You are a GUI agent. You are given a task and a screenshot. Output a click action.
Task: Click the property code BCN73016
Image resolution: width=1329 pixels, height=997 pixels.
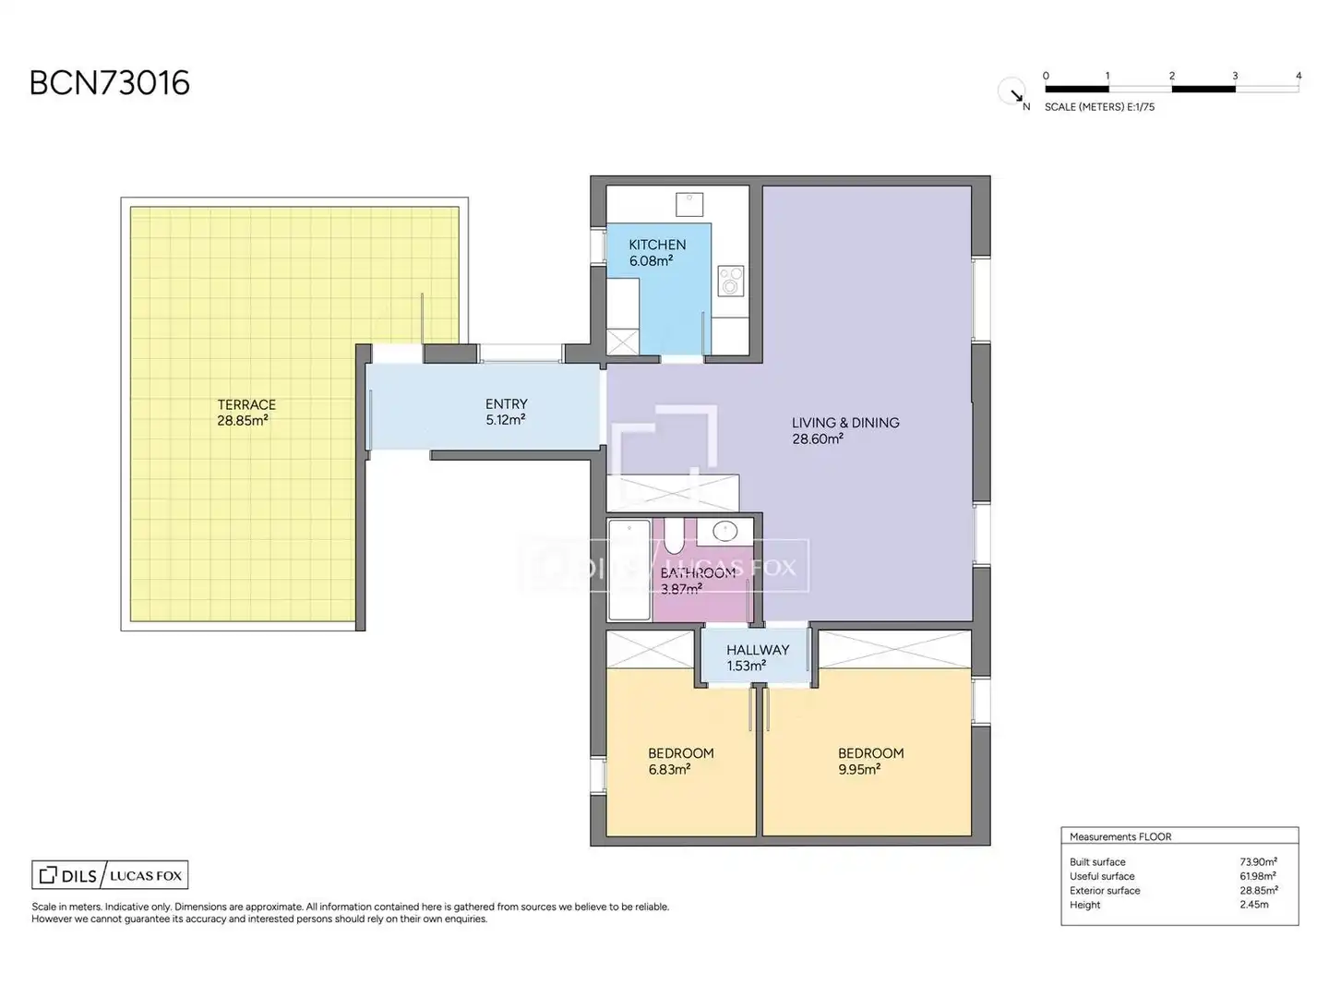click(110, 83)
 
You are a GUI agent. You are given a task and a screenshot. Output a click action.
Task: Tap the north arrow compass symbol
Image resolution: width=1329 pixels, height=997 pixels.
click(1012, 92)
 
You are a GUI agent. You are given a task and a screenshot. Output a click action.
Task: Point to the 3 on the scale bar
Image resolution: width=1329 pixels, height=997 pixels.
click(1235, 76)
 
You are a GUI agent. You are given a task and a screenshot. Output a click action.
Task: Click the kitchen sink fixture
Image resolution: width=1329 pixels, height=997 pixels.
click(689, 205)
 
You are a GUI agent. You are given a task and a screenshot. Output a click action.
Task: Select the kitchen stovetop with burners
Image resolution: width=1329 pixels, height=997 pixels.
click(731, 281)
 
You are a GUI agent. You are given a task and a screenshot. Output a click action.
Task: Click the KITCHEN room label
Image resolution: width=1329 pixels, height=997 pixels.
click(657, 246)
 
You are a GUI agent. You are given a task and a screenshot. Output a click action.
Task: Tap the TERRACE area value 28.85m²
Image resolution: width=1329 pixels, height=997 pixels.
click(243, 421)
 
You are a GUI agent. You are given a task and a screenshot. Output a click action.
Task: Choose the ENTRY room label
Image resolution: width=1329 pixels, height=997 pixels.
click(506, 403)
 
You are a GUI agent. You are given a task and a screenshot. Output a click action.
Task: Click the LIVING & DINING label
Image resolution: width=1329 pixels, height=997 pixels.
click(845, 423)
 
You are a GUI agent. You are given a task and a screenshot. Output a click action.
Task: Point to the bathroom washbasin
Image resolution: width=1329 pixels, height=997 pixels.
click(724, 532)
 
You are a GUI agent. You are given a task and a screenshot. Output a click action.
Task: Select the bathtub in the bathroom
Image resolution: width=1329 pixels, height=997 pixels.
click(629, 571)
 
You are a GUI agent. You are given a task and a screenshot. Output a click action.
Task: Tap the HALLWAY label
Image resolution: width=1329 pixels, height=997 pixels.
click(758, 650)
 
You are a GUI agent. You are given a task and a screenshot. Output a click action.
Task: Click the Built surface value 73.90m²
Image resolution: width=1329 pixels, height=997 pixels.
click(1258, 861)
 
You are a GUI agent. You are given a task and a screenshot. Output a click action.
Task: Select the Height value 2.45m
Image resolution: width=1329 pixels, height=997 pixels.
click(1254, 905)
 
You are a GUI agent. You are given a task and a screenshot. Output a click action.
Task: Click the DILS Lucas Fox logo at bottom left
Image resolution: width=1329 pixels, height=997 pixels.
click(110, 875)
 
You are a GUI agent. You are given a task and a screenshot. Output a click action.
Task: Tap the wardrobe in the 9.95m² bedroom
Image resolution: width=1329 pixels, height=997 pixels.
click(895, 650)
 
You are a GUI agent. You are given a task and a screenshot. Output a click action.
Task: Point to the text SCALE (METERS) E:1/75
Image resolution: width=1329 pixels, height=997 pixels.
click(1099, 107)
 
